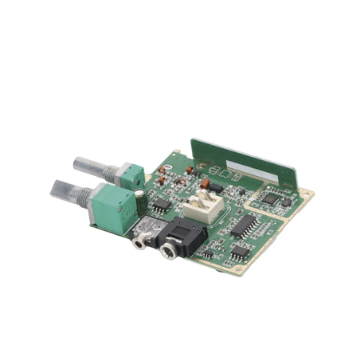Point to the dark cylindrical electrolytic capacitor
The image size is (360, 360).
139,194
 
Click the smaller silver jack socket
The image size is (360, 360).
141,233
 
